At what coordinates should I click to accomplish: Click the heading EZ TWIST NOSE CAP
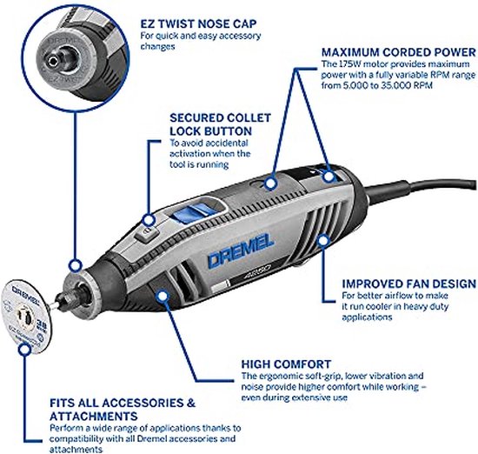point(198,23)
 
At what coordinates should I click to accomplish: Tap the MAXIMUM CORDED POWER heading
point(398,52)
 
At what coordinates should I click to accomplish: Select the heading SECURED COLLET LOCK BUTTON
point(220,124)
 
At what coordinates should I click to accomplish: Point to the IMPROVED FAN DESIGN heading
point(408,284)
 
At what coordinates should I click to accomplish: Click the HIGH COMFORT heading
point(286,364)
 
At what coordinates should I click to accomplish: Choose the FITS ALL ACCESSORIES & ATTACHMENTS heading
point(123,410)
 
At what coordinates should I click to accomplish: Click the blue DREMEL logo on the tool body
point(240,251)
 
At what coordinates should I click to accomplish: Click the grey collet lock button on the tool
point(147,235)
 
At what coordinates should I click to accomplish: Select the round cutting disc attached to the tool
point(28,317)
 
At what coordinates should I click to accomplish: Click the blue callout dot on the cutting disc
point(24,350)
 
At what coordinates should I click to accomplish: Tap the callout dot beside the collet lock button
point(149,220)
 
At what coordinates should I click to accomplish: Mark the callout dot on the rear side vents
point(323,241)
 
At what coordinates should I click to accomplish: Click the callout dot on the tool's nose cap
point(75,266)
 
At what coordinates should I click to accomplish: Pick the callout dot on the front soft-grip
point(163,296)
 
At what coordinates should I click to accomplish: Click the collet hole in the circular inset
point(54,62)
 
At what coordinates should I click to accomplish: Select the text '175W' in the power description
point(343,64)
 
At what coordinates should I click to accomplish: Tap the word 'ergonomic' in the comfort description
point(278,376)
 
